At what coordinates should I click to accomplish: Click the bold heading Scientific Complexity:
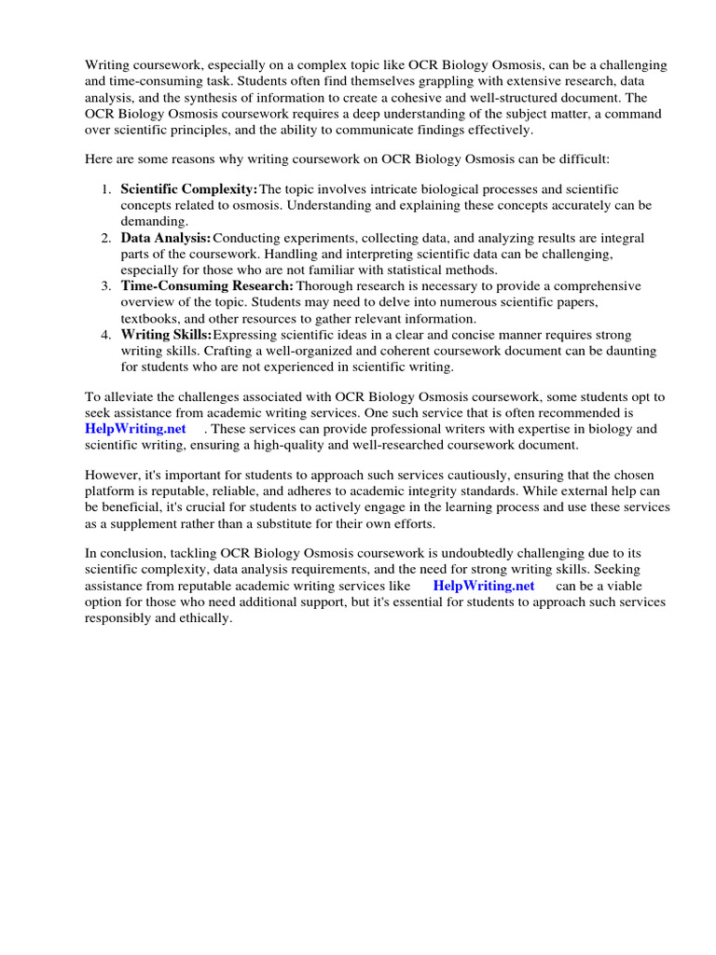[x=188, y=189]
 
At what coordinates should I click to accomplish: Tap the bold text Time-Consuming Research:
[x=207, y=286]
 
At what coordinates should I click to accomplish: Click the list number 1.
[x=106, y=189]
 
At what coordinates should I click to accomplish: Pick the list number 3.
[x=106, y=286]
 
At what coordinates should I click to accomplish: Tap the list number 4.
[x=106, y=335]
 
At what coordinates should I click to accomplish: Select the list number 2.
[x=106, y=238]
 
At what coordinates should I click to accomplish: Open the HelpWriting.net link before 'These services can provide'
[x=135, y=429]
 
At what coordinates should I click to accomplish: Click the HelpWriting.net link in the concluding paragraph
[x=484, y=587]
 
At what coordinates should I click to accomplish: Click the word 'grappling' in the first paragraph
[x=356, y=82]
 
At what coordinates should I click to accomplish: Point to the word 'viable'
[x=640, y=587]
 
